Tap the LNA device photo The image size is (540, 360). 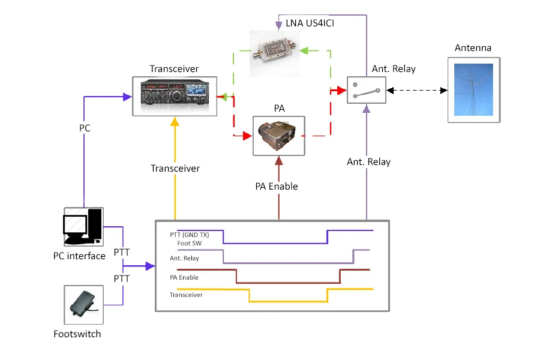(x=277, y=53)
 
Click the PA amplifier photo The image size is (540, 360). (x=278, y=136)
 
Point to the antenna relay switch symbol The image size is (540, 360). (x=366, y=91)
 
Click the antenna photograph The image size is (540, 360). (x=473, y=89)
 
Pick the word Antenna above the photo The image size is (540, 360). (x=473, y=47)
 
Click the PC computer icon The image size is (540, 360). (x=83, y=226)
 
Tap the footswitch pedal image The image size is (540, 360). (x=83, y=304)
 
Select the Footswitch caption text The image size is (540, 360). (x=77, y=334)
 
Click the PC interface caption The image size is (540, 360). (x=79, y=256)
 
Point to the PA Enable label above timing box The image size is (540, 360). (x=277, y=186)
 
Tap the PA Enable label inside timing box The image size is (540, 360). (x=184, y=278)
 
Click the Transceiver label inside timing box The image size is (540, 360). (x=186, y=295)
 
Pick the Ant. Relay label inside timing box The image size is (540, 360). (x=184, y=259)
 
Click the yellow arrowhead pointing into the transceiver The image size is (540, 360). (x=175, y=121)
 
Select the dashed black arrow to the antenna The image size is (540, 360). (x=417, y=91)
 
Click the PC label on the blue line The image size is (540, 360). (x=85, y=128)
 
